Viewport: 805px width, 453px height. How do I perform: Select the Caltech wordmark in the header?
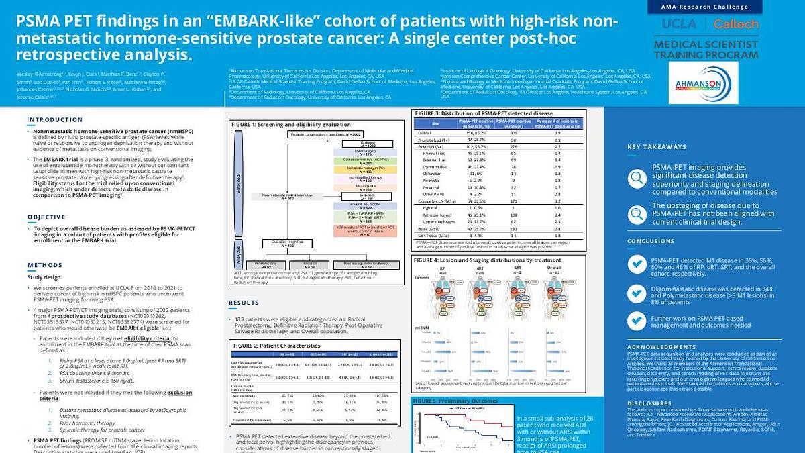(x=736, y=24)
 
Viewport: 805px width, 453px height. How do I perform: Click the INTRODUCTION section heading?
(x=55, y=120)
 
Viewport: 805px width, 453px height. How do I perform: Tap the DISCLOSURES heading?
(x=650, y=403)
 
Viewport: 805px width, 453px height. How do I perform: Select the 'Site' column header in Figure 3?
(x=435, y=123)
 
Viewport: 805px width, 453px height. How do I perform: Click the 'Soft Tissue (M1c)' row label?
(x=432, y=236)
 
